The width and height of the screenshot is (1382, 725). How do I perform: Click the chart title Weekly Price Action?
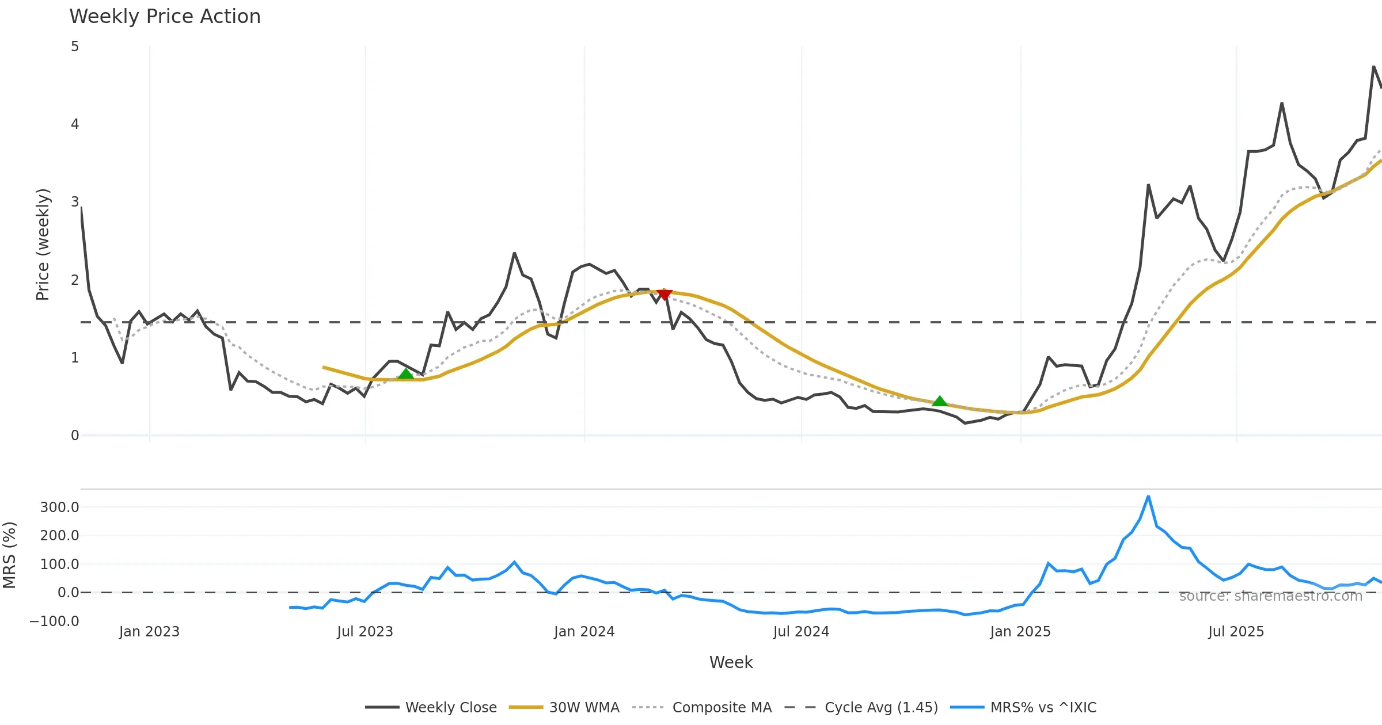coord(165,17)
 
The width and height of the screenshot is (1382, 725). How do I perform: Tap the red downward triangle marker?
coord(665,295)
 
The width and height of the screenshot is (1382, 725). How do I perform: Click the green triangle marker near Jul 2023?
coord(406,374)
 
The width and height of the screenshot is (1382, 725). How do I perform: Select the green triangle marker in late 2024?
coord(940,401)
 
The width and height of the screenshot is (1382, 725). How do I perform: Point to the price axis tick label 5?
coord(75,47)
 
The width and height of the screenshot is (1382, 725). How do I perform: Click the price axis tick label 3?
coord(75,202)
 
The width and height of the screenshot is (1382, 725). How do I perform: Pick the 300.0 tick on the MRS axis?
coord(59,507)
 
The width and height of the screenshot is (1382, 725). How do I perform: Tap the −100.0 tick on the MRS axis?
coord(54,621)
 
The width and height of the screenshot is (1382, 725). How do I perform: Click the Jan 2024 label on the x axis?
coord(584,632)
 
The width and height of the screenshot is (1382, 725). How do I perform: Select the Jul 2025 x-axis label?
coord(1236,632)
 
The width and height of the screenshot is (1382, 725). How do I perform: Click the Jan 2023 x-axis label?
coord(149,632)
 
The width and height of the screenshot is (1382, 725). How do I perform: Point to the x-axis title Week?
coord(731,662)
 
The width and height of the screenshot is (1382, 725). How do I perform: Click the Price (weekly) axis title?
coord(43,245)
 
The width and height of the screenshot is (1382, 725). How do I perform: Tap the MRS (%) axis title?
coord(10,555)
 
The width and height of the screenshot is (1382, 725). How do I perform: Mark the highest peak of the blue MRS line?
coord(1148,497)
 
